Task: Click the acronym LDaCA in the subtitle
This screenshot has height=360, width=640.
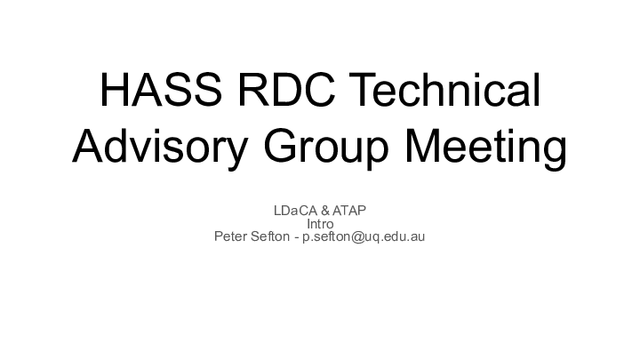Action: (x=292, y=211)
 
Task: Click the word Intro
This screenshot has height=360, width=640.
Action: (x=320, y=224)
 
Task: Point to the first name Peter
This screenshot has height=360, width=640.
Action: (x=231, y=237)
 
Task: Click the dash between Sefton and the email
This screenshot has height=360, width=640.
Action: (x=297, y=237)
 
